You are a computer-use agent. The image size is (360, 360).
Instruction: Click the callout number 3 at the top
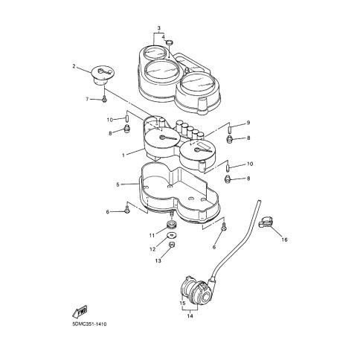159,28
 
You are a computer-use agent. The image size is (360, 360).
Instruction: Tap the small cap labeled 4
169,42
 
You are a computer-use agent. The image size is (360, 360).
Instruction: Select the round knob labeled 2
103,75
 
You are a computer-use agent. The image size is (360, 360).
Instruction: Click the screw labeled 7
104,98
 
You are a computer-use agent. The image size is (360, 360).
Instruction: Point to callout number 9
248,123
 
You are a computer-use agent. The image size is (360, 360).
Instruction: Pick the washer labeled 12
171,235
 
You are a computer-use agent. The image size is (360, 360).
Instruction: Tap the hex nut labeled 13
171,245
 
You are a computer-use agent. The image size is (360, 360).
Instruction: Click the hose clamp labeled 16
266,222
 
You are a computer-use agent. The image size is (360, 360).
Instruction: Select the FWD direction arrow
80,312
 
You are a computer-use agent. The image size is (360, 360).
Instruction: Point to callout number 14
190,316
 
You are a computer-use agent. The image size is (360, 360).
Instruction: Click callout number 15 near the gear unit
182,303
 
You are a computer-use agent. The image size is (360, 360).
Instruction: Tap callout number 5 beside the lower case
118,184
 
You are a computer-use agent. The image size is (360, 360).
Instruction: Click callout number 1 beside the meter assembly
123,155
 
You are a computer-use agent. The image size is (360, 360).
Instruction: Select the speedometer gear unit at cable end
196,292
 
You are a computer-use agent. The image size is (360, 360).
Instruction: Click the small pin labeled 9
230,129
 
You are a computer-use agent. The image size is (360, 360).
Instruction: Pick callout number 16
284,240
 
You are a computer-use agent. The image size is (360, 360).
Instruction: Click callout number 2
74,66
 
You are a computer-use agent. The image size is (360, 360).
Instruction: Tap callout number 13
158,260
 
